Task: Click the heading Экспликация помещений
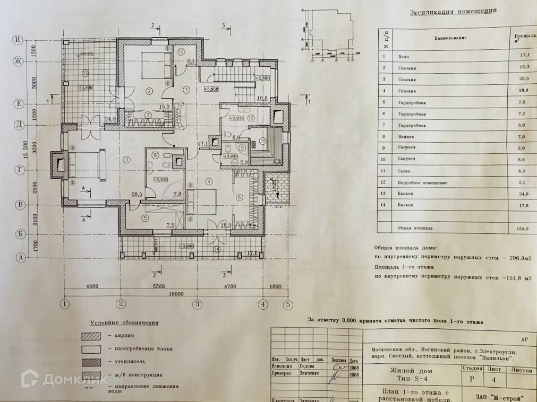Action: [453, 11]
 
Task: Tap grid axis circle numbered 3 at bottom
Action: [197, 304]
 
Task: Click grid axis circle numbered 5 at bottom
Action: [287, 304]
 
